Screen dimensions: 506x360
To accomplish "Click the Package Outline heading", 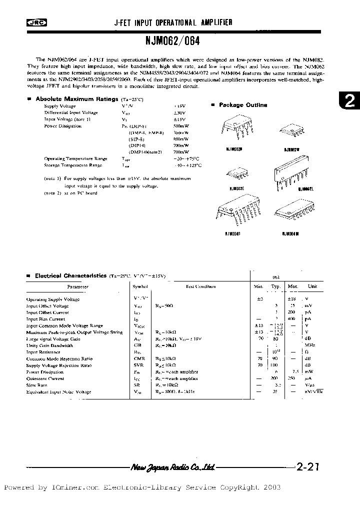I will click(x=243, y=105).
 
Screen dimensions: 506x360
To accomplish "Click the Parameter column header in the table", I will click(x=77, y=287).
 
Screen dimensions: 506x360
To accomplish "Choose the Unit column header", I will click(x=312, y=286).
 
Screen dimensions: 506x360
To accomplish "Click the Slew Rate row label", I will click(x=37, y=385).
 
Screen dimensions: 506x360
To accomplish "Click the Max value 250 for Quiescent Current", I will click(x=291, y=378).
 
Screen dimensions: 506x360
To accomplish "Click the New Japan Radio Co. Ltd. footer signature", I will click(x=172, y=467).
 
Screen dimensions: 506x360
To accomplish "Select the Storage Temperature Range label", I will click(x=73, y=165).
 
